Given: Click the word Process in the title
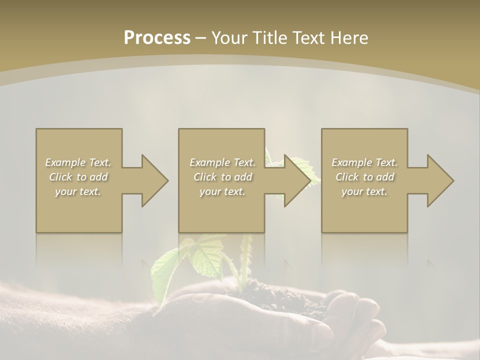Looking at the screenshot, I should [x=157, y=38].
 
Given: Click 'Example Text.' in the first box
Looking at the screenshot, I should [x=78, y=162].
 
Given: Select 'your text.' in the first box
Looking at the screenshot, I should [x=78, y=191].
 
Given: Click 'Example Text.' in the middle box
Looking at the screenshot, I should [x=222, y=162].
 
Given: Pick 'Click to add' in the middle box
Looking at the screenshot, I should [x=222, y=177].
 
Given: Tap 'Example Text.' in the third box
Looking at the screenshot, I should [x=364, y=162].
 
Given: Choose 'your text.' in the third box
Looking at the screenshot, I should [x=364, y=191].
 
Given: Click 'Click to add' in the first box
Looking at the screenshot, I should [x=78, y=177].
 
